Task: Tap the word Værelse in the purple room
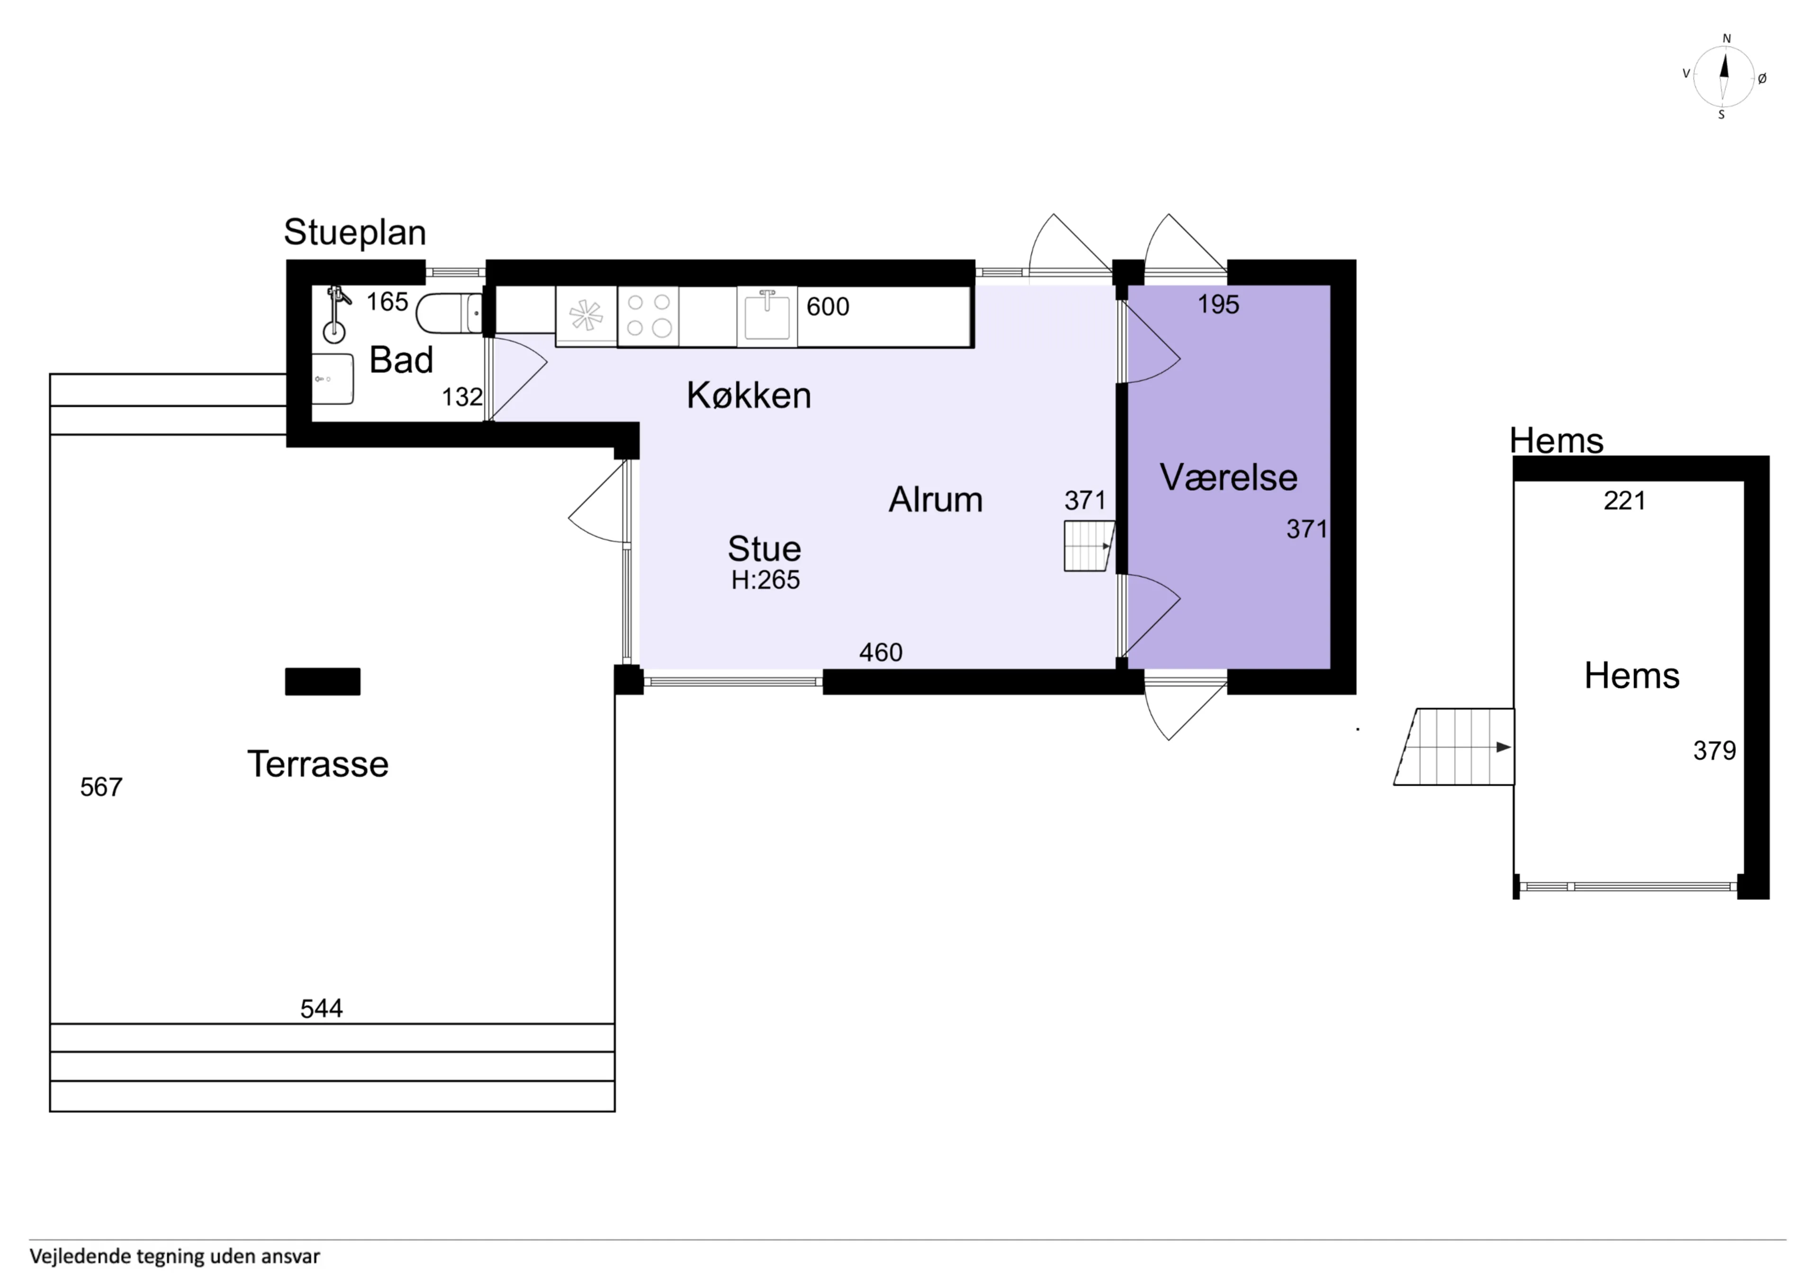tap(1229, 477)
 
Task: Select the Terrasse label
tap(318, 764)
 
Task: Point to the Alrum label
tap(935, 499)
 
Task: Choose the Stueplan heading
tap(355, 232)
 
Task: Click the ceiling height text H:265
tap(765, 580)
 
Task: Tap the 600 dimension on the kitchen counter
tap(828, 306)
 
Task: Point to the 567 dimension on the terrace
tap(101, 787)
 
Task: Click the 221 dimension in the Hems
tap(1625, 500)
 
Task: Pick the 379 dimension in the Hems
tap(1714, 750)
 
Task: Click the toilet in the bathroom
tap(449, 313)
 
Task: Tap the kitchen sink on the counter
tap(767, 316)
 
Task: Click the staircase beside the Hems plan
tap(1454, 746)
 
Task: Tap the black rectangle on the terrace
tap(323, 682)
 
